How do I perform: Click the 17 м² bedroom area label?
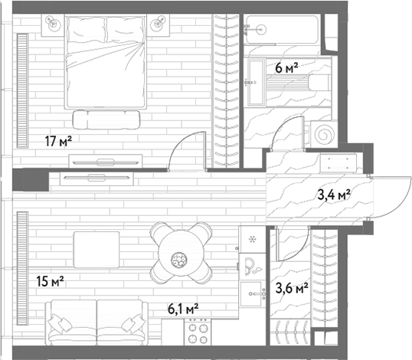tap(58, 141)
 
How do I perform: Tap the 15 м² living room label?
tap(51, 281)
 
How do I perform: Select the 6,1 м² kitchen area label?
tap(183, 309)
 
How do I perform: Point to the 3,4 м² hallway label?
tap(334, 195)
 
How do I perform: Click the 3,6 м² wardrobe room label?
tap(292, 288)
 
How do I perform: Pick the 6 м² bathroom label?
tap(286, 68)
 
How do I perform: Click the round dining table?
tap(181, 254)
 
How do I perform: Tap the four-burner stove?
tap(198, 332)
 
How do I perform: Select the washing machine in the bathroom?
tap(324, 134)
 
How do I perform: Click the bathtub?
tap(283, 30)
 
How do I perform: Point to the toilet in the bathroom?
tap(319, 83)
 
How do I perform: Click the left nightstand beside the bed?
tap(53, 25)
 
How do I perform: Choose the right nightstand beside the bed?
tap(159, 25)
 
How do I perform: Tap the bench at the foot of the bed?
tap(106, 119)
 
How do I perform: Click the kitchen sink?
tap(253, 294)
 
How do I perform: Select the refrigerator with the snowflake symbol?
tap(252, 240)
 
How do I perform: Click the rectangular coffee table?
tap(96, 250)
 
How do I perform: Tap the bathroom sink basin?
tap(257, 83)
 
